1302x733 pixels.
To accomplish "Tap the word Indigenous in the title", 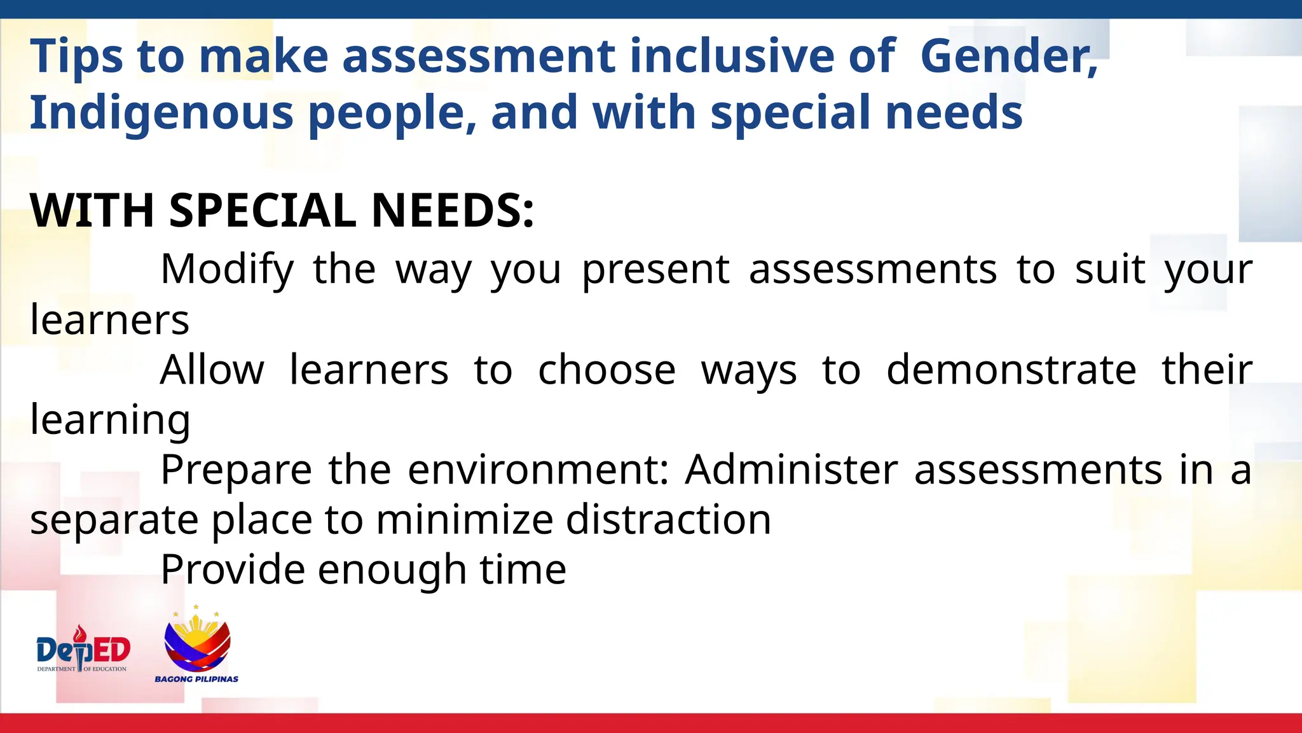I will coord(161,113).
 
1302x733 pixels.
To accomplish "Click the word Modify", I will coord(227,270).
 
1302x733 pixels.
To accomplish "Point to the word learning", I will coord(110,421).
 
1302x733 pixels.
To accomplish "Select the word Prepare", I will coord(236,470).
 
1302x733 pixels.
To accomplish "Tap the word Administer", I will coord(791,470).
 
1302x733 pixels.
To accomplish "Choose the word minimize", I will coord(465,520).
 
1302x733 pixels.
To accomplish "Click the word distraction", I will coord(668,520).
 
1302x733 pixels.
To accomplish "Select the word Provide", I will coord(233,569).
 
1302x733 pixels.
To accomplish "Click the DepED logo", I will coord(83,649).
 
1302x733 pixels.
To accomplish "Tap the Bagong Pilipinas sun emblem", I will coord(197,639).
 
